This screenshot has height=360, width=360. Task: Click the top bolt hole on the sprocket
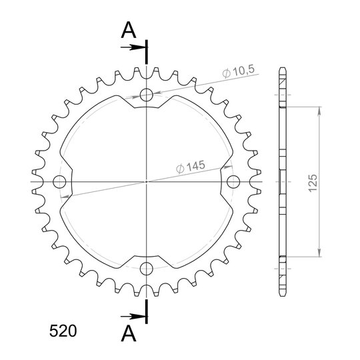coord(146,95)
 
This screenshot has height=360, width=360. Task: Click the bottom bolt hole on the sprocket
coord(146,269)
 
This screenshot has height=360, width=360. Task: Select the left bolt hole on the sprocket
coord(59,182)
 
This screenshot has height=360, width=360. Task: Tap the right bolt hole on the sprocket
coord(233,182)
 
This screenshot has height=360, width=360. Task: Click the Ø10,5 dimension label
coord(238,71)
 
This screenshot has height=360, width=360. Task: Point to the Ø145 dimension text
coord(191,167)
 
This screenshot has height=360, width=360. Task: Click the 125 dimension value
coord(313,183)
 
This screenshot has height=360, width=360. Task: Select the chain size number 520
coord(63,331)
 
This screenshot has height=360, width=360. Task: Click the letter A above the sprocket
coord(129,30)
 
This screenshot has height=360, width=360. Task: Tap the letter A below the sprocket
coord(129,333)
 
